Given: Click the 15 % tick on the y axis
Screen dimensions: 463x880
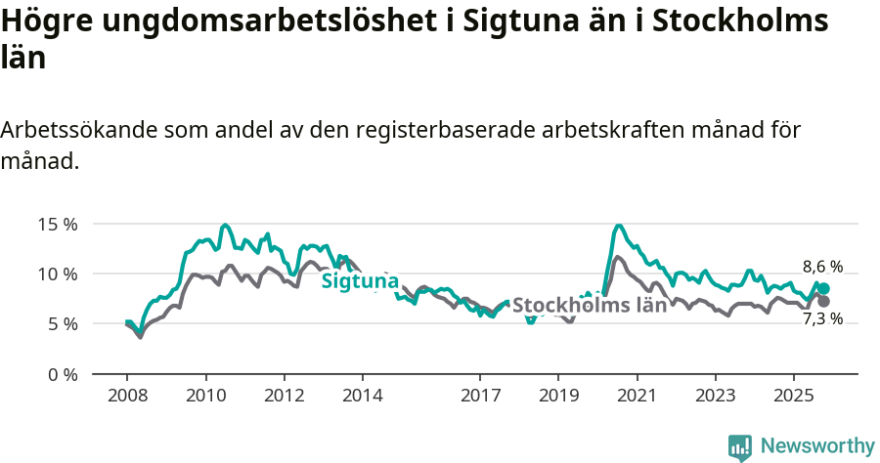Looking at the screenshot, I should point(58,223).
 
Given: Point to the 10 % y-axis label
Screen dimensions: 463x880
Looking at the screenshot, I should point(58,274).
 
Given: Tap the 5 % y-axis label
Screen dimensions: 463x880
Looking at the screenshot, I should point(62,323).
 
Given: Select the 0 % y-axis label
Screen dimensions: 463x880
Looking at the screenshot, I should point(62,374).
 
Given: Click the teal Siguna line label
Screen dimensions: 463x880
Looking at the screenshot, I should point(360,281).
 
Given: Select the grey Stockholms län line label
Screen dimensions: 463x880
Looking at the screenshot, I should point(590,304).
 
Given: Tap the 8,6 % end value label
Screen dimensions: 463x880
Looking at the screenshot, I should point(822,266).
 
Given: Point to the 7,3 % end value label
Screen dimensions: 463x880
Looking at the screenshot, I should point(822,318).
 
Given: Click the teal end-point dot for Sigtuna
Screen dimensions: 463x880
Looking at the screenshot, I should point(823,288).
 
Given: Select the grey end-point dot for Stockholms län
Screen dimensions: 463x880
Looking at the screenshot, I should point(823,301).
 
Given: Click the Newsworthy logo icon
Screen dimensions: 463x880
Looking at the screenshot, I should point(740,446).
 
